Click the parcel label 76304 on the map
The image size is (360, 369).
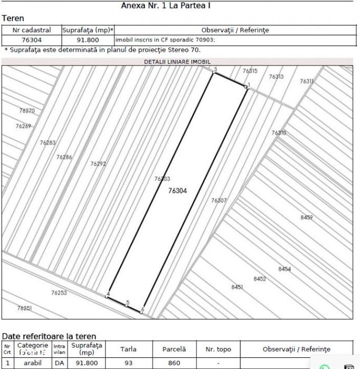(177, 191)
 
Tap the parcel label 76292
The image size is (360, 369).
(98, 164)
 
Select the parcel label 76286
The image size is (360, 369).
(64, 157)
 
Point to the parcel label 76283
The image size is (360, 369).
(48, 143)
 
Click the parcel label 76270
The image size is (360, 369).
(26, 111)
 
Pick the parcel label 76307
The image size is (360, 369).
(219, 201)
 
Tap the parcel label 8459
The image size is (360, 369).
(307, 217)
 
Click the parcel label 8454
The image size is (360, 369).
(285, 269)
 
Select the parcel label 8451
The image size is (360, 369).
(237, 287)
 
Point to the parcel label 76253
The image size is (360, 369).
(59, 292)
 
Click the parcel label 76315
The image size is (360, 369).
(250, 71)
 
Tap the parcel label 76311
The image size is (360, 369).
(307, 81)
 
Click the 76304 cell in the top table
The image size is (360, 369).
(32, 40)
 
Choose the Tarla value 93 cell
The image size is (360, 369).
(128, 363)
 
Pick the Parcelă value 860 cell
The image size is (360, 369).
(174, 363)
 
